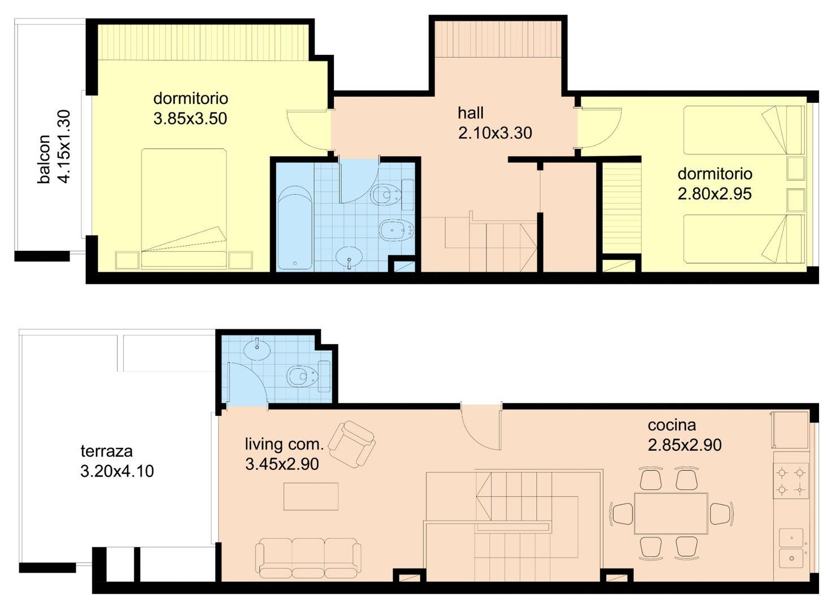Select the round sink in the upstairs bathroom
pos(350,258)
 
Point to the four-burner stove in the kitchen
pos(791,480)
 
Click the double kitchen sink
pos(792,548)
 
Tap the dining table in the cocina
pos(670,513)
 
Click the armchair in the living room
pos(352,443)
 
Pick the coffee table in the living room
pos(311,496)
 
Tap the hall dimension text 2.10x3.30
pos(495,133)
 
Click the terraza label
pos(107,451)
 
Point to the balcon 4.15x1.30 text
pos(54,147)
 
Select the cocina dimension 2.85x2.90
pos(685,445)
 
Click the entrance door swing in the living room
pos(480,426)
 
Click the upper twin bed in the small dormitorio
pos(743,130)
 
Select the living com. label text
pos(284,444)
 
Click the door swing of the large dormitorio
pos(308,129)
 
